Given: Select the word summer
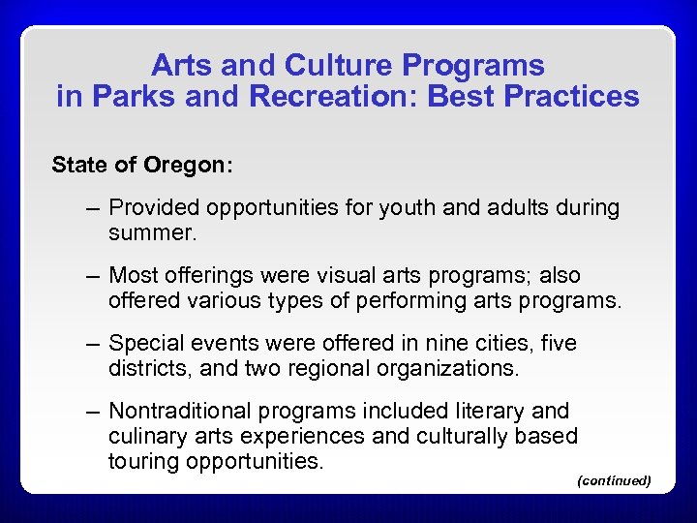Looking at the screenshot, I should coord(152,232).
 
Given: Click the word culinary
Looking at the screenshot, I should coord(146,436).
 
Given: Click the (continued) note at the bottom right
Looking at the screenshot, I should coord(613,480).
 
